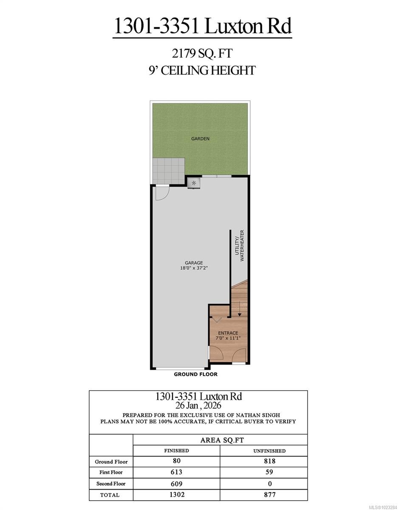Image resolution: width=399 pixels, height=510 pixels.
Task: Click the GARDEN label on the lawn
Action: coord(200,139)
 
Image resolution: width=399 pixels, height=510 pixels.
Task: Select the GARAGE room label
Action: coord(193,263)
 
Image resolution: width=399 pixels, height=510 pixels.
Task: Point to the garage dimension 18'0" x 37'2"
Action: coord(193,268)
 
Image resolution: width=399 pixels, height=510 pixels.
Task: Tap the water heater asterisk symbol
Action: coord(194,183)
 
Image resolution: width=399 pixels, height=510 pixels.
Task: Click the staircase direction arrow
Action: coord(240,308)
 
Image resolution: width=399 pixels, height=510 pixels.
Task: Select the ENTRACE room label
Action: coord(228,333)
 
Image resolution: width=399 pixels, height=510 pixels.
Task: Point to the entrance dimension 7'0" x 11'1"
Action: coord(228,338)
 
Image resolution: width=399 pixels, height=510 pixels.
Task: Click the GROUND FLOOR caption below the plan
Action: coord(195,374)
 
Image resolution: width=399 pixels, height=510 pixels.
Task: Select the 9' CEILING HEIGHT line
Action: coord(202,70)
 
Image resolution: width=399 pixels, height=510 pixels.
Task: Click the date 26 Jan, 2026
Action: coord(198,405)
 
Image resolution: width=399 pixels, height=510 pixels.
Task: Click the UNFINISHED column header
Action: coord(263,451)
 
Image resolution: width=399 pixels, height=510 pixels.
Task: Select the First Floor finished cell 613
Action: coord(177,472)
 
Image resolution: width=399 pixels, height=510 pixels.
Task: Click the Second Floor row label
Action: coord(110,484)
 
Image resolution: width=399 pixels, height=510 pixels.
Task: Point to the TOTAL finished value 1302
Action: coord(177,495)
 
